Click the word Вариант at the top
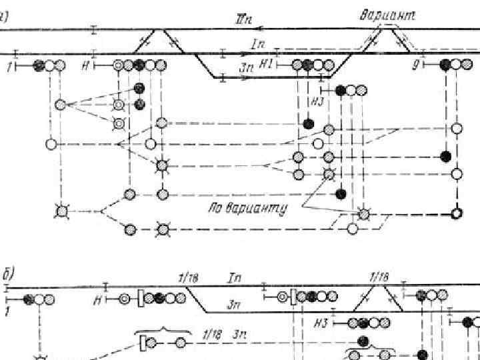[387, 15]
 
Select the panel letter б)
[11, 273]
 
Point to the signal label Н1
[266, 64]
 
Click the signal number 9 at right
[416, 65]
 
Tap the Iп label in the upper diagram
[259, 45]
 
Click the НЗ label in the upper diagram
[317, 101]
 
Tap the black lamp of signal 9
[445, 65]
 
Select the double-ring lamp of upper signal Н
[118, 65]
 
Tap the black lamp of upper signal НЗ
[341, 90]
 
